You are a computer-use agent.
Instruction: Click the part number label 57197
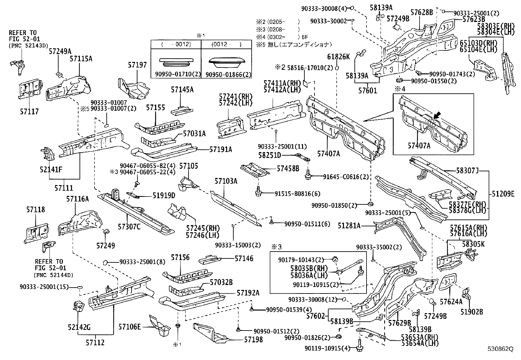pyautogui.click(x=137, y=65)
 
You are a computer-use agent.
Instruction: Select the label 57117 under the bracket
pyautogui.click(x=28, y=112)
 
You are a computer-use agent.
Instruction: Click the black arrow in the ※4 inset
pyautogui.click(x=437, y=115)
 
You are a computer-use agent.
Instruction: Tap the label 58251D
pyautogui.click(x=269, y=155)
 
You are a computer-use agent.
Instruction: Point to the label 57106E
pyautogui.click(x=130, y=327)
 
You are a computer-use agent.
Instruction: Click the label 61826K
pyautogui.click(x=339, y=57)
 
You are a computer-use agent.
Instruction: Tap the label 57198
pyautogui.click(x=253, y=340)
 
